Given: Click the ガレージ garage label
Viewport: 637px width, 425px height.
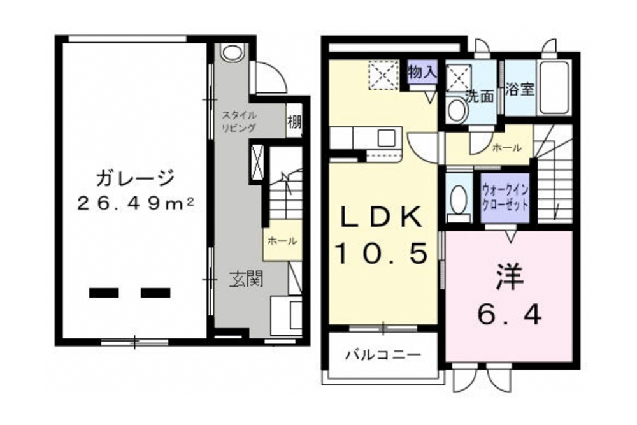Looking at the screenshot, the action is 135,178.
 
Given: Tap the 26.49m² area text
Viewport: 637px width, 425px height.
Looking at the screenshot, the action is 135,203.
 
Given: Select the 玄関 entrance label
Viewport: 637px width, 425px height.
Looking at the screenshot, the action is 247,280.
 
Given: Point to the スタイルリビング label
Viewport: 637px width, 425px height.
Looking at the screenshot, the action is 238,121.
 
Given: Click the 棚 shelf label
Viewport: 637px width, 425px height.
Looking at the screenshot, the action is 294,121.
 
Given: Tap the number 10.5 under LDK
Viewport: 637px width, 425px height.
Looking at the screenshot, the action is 382,253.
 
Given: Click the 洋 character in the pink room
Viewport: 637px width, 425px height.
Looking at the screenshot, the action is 509,277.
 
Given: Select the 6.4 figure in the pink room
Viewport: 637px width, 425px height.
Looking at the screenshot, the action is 509,314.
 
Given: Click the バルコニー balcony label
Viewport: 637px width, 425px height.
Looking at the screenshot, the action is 383,356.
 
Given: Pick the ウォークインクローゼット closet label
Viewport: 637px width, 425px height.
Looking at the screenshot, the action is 505,198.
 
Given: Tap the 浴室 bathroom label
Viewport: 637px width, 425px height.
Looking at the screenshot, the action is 520,89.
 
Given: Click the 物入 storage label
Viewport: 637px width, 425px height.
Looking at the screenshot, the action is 422,73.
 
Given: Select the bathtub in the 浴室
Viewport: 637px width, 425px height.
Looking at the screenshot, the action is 554,87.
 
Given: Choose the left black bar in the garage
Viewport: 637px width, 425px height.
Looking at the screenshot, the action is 104,293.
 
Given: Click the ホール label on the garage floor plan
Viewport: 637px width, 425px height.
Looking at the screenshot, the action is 282,241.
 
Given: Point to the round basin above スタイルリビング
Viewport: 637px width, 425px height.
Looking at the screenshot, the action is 232,53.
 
